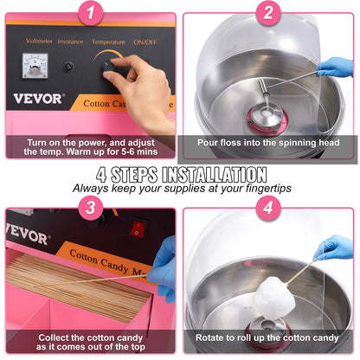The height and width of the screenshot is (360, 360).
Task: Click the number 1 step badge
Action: click(92, 12)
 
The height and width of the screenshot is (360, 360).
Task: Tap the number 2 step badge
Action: click(268, 12)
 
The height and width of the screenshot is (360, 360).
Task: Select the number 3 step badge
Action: click(92, 208)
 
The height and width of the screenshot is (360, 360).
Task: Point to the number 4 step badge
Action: click(268, 208)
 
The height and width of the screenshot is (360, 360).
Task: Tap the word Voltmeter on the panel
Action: click(40, 40)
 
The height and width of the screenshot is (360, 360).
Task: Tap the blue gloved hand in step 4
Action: click(334, 248)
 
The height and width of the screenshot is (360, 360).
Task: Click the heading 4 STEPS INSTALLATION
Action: click(180, 173)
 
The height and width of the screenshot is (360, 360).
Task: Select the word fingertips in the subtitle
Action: click(260, 187)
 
